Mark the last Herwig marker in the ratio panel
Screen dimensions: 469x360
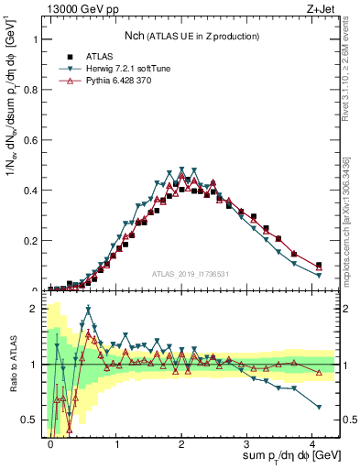point(319,407)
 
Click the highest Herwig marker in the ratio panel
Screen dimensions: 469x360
point(89,309)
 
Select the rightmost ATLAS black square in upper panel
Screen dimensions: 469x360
point(319,265)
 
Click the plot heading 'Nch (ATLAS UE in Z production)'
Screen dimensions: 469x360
point(192,35)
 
